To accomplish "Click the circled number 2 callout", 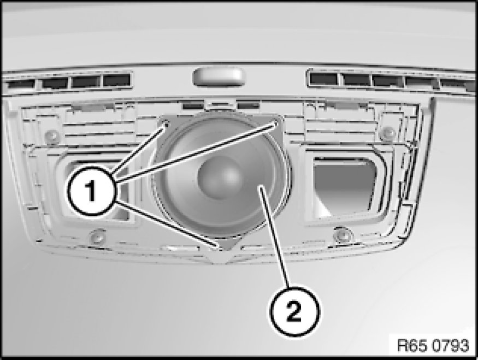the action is [x=294, y=311].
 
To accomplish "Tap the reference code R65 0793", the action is [x=433, y=346].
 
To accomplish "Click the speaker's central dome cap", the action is [x=221, y=177].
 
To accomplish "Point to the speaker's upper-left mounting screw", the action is [x=166, y=124].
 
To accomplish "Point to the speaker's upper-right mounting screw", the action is [x=276, y=123].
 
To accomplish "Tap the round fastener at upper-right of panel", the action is [x=388, y=132].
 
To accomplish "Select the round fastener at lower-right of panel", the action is [x=342, y=234].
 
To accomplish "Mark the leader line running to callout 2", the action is [x=275, y=237].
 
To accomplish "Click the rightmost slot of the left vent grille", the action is [x=116, y=81].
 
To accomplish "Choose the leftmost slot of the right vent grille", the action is [x=323, y=79].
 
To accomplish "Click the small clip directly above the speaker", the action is [x=220, y=105].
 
